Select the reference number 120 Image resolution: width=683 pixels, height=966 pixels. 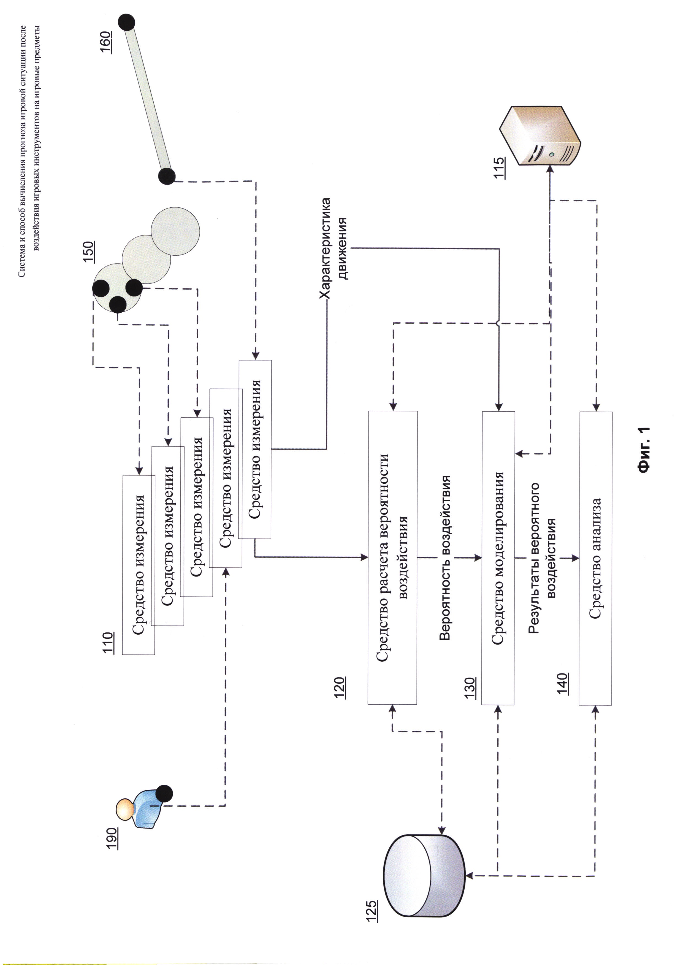tap(340, 688)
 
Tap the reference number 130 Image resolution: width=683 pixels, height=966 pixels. tap(470, 688)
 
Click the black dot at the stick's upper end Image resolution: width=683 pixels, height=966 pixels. tap(126, 22)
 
